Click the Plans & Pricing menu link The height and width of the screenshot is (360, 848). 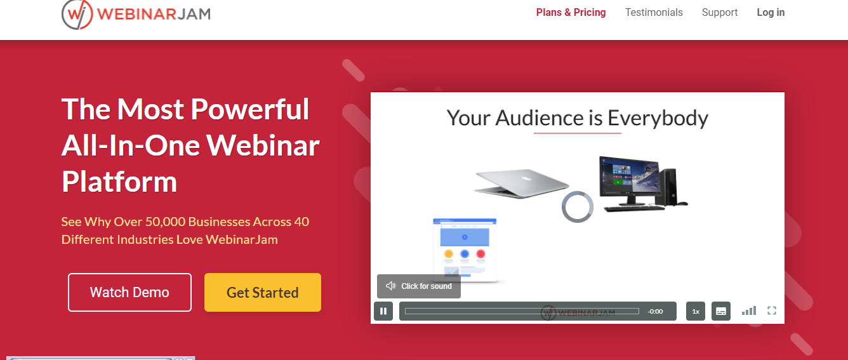pyautogui.click(x=571, y=13)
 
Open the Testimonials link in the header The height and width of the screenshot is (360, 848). pyautogui.click(x=654, y=13)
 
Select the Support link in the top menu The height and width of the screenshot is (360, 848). pyautogui.click(x=720, y=13)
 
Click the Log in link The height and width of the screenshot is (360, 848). pyautogui.click(x=771, y=13)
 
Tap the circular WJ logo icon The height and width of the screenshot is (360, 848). pyautogui.click(x=77, y=14)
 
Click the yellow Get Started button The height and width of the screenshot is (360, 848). pyautogui.click(x=263, y=292)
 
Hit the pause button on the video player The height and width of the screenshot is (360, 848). pyautogui.click(x=383, y=311)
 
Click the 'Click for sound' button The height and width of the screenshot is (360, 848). pyautogui.click(x=419, y=286)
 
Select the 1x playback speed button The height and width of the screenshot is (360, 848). pyautogui.click(x=696, y=311)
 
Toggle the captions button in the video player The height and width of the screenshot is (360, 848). pyautogui.click(x=721, y=311)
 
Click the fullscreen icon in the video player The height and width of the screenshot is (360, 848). pyautogui.click(x=772, y=310)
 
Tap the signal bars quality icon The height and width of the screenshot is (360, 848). pyautogui.click(x=749, y=310)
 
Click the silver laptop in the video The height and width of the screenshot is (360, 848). pyautogui.click(x=521, y=183)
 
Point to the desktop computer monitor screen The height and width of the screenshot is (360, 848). pyautogui.click(x=630, y=176)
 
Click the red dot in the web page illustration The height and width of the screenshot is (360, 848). pyautogui.click(x=480, y=253)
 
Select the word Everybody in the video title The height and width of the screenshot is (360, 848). pyautogui.click(x=658, y=118)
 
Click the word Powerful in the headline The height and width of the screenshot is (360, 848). pyautogui.click(x=250, y=109)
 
